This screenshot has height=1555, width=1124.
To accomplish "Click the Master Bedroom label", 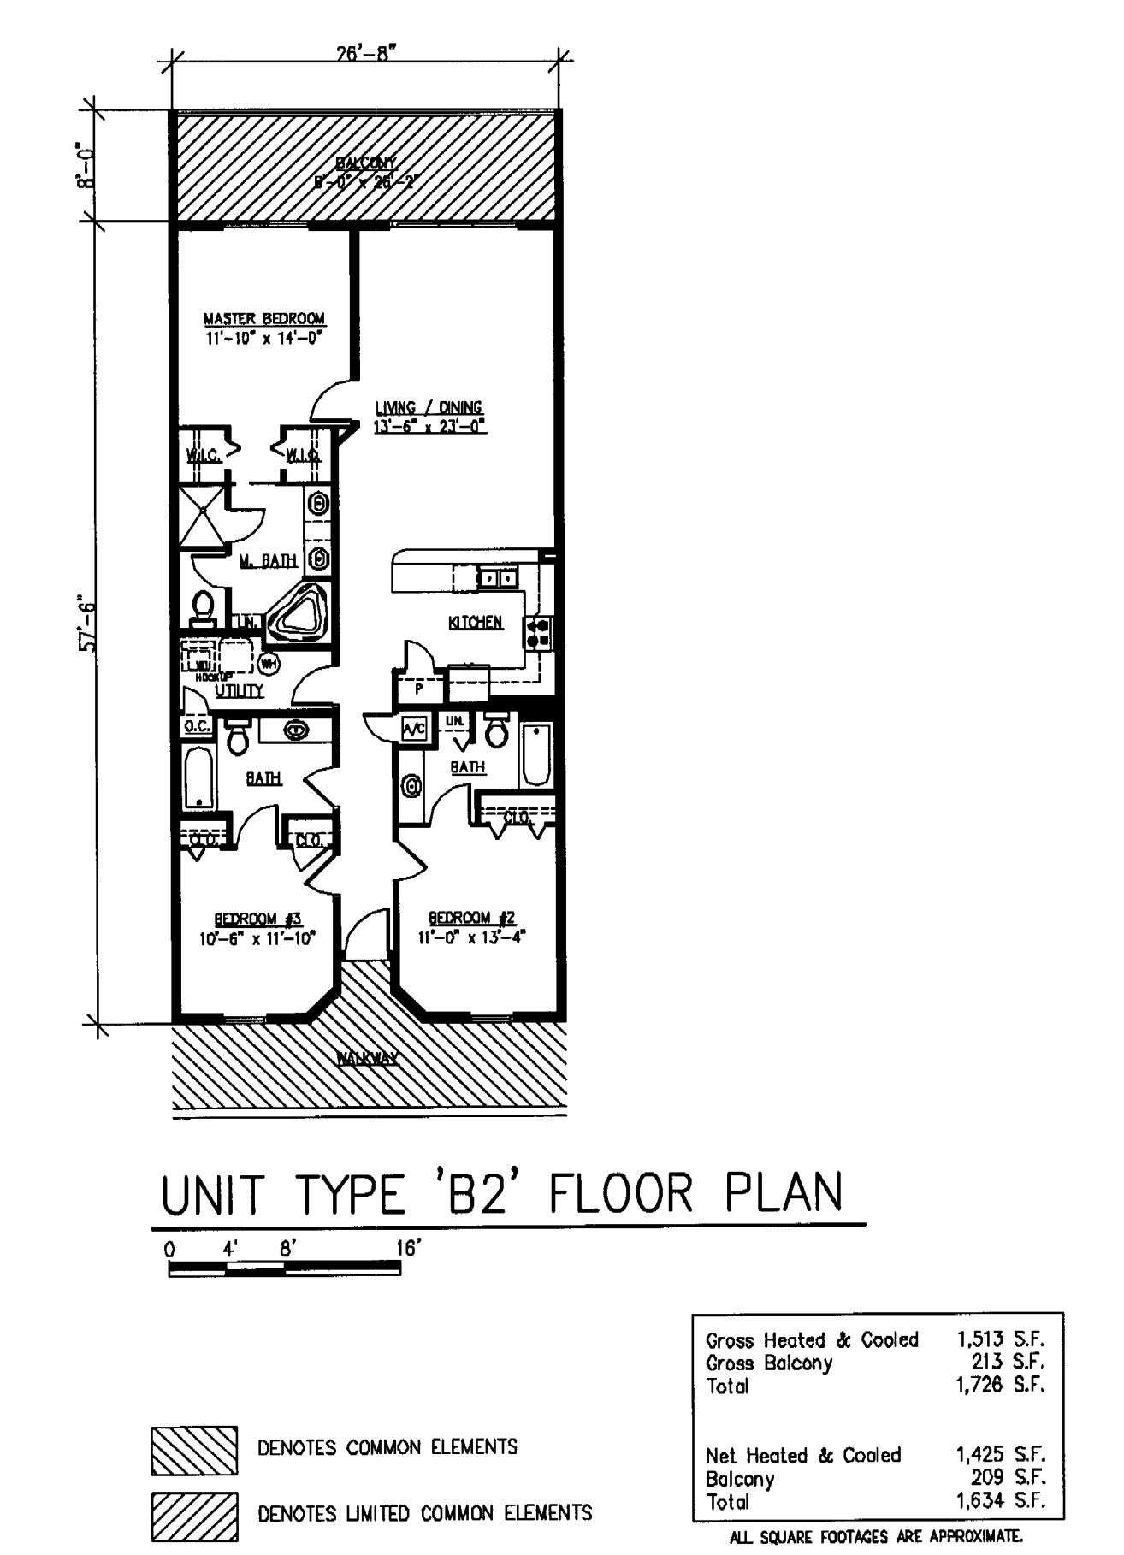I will [263, 319].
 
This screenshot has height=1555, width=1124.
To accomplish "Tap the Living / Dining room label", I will [429, 408].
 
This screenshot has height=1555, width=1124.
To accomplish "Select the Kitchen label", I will [475, 623].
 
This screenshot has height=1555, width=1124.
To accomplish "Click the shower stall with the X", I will [203, 515].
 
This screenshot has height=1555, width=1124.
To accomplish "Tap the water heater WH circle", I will [268, 663].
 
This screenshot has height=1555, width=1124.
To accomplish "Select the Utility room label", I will [239, 691].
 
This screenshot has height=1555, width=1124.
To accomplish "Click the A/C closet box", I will [414, 730].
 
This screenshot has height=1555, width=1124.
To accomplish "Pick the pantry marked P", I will [419, 689].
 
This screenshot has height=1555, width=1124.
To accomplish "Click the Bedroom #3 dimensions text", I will [257, 938].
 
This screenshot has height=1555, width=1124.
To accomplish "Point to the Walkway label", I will [367, 1059].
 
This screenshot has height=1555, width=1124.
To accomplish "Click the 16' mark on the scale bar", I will [409, 1249].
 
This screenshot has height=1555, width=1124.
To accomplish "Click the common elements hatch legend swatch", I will [194, 1450].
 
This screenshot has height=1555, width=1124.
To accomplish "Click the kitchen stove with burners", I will [539, 633].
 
